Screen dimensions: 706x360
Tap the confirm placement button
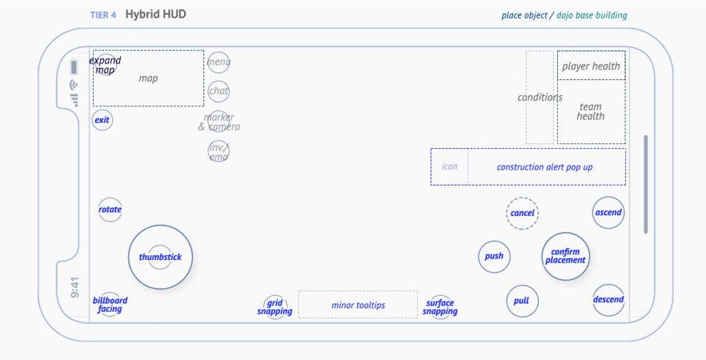pos(565,257)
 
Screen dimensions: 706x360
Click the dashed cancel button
pos(523,213)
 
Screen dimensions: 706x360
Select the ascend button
pos(608,212)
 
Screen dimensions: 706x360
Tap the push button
pos(494,257)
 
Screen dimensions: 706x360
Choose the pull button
pos(522,301)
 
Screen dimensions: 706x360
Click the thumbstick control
pos(160,257)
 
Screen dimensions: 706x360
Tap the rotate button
pos(110,210)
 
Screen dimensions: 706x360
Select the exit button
pos(102,120)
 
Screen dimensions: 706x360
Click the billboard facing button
pos(110,305)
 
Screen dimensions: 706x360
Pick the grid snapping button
pos(274,307)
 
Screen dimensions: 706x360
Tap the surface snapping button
pos(440,307)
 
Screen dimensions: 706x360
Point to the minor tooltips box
pos(358,305)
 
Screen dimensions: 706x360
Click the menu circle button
pos(219,62)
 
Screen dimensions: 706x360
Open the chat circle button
pos(219,91)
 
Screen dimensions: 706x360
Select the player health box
pos(591,66)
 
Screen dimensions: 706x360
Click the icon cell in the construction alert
pos(450,167)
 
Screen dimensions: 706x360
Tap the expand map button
pos(105,65)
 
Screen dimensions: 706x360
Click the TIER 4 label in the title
pos(103,15)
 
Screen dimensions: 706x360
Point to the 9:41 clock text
pos(74,288)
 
